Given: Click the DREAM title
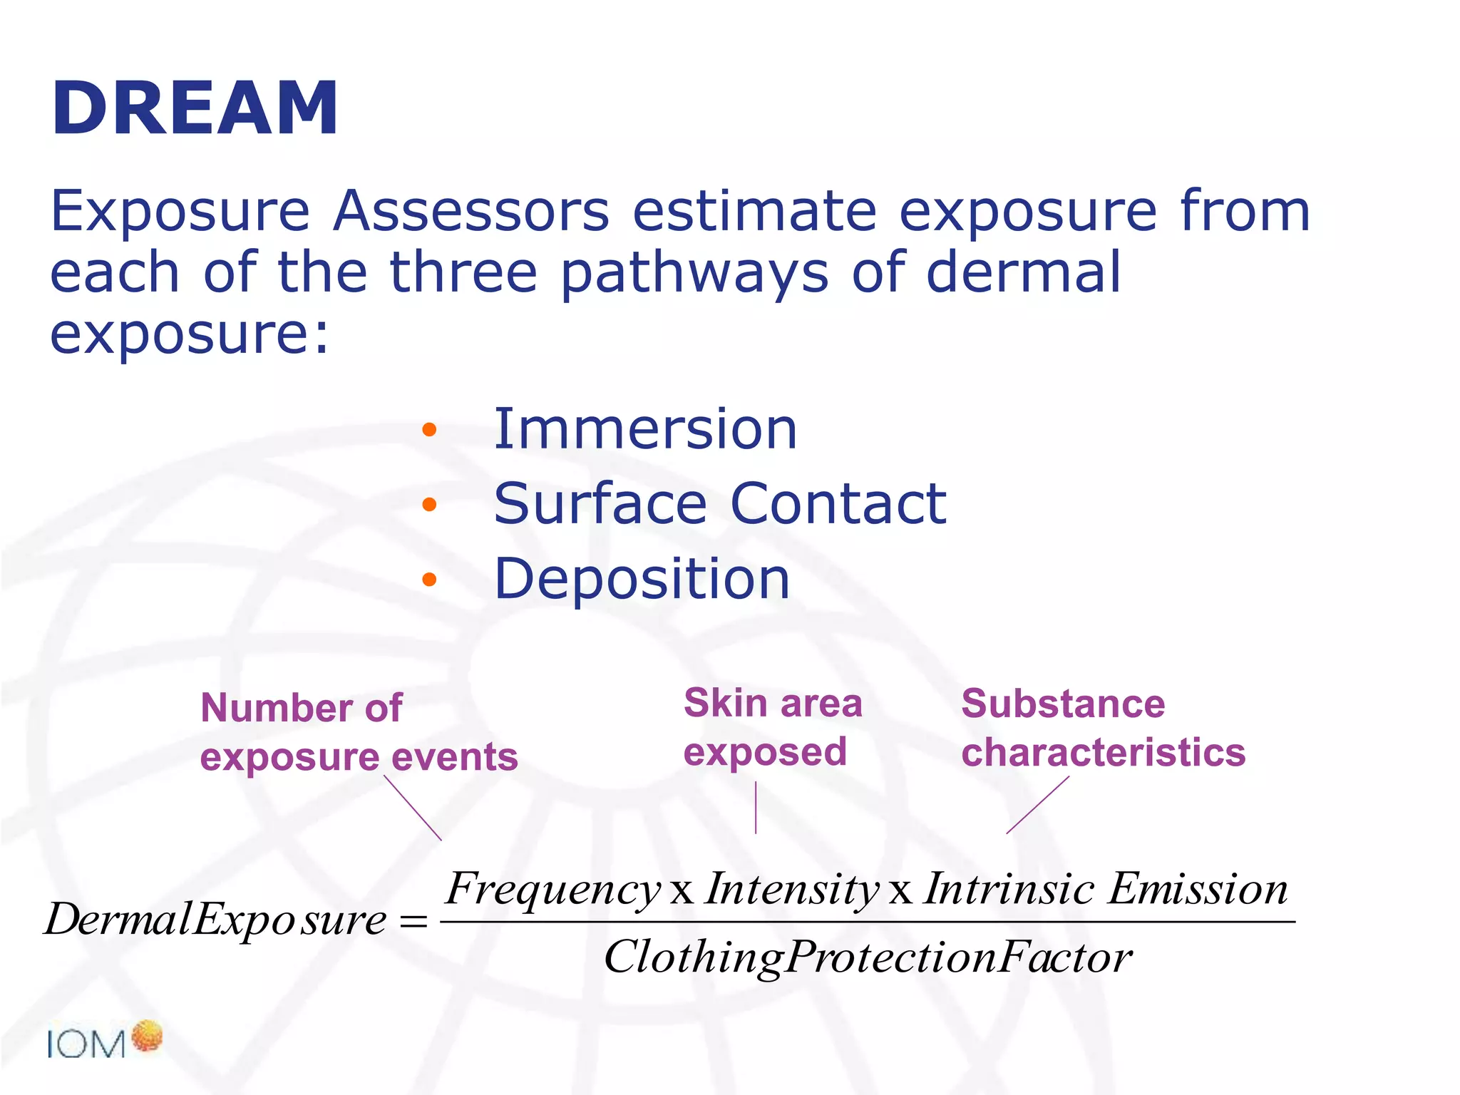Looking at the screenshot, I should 195,108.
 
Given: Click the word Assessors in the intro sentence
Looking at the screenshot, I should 471,212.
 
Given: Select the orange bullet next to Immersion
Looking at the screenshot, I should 428,430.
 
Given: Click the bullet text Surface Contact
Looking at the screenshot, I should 720,504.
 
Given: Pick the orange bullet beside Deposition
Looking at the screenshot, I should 428,579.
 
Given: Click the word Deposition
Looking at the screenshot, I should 642,579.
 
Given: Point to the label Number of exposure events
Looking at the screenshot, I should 358,732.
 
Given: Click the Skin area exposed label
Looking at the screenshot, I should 773,728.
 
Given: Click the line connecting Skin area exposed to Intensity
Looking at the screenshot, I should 756,808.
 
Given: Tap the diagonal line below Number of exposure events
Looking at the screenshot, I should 413,808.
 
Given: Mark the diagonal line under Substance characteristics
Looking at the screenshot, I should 1038,805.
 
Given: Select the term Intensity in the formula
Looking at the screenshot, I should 791,890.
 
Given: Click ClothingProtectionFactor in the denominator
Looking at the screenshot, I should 868,957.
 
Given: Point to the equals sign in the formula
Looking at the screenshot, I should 413,922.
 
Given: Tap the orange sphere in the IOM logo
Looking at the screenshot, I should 148,1036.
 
